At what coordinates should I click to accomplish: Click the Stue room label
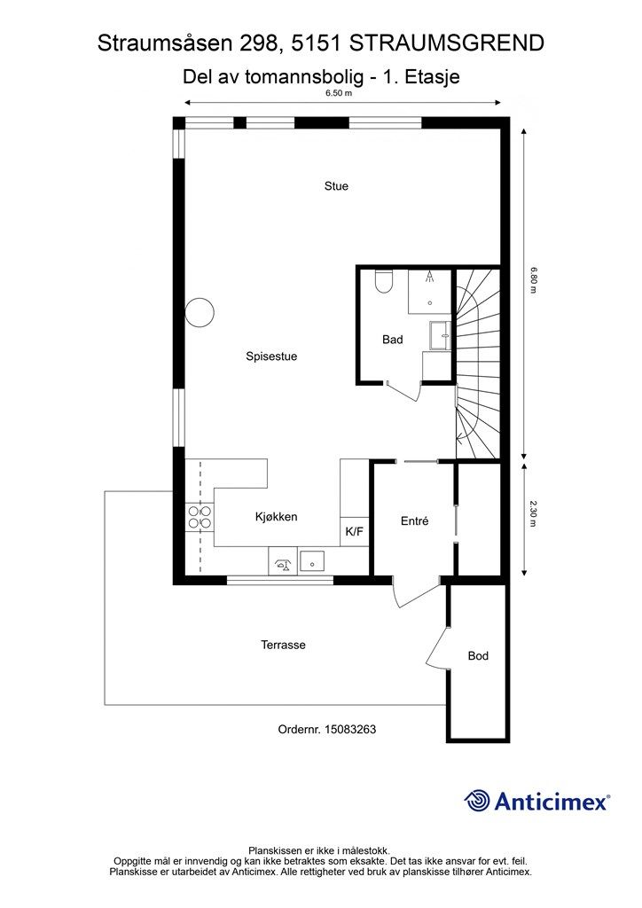(x=336, y=186)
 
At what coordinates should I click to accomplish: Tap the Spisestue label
(x=271, y=356)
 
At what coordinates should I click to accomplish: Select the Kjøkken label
(x=276, y=517)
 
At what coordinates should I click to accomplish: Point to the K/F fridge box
(x=355, y=531)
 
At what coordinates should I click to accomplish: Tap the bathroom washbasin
(x=440, y=336)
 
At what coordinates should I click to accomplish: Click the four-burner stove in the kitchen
(x=200, y=517)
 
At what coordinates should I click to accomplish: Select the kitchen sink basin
(x=311, y=561)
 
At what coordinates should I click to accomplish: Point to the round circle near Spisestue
(x=200, y=312)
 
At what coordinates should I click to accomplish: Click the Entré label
(x=414, y=521)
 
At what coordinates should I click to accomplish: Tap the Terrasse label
(x=283, y=645)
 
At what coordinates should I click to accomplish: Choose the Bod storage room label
(x=478, y=655)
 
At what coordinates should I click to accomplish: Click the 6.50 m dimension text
(x=339, y=92)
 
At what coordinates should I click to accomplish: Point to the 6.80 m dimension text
(x=535, y=279)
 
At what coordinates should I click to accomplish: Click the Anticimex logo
(x=536, y=801)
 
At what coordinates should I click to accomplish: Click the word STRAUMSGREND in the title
(x=448, y=43)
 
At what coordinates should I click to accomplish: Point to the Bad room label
(x=393, y=340)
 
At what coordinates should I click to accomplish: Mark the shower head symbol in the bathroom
(x=429, y=277)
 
